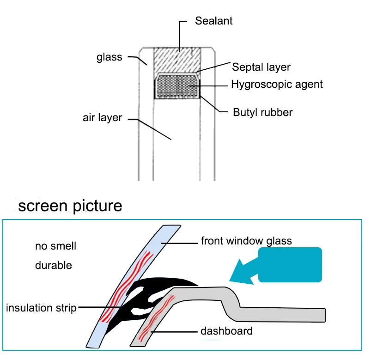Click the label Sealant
pyautogui.click(x=213, y=21)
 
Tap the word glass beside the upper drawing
pyautogui.click(x=109, y=57)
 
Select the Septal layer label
pyautogui.click(x=261, y=67)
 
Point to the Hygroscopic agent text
pyautogui.click(x=277, y=84)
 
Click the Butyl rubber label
pyautogui.click(x=262, y=112)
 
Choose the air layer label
pyautogui.click(x=102, y=117)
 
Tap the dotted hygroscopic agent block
pyautogui.click(x=177, y=86)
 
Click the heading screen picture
pyautogui.click(x=70, y=206)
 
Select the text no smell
pyautogui.click(x=55, y=246)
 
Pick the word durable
pyautogui.click(x=54, y=265)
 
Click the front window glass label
pyautogui.click(x=246, y=241)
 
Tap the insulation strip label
pyautogui.click(x=41, y=308)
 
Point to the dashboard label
pyautogui.click(x=226, y=331)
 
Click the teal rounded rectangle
pyautogui.click(x=290, y=265)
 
